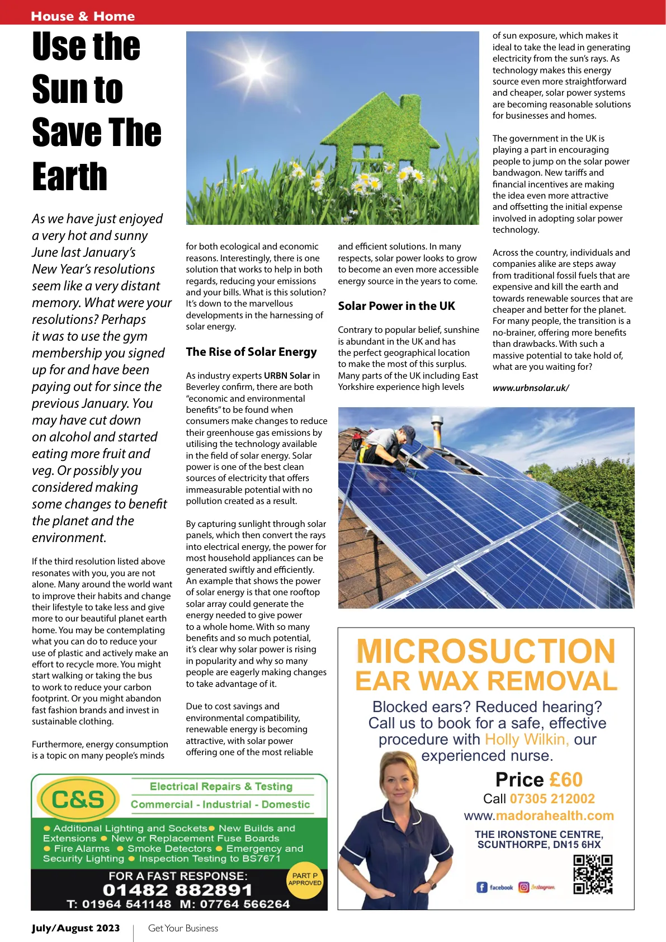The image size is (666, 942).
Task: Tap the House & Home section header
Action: pos(83,16)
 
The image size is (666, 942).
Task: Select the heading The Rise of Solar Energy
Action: pos(251,352)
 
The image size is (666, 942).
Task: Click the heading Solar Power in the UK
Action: pos(396,306)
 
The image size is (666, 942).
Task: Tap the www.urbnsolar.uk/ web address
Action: pos(530,388)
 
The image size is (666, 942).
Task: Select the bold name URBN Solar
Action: pos(287,375)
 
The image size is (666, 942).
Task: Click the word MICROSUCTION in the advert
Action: pos(485,651)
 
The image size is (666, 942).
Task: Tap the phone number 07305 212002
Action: pos(552,799)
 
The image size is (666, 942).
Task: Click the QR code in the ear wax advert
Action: pos(593,874)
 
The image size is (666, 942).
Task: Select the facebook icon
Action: pos(481,887)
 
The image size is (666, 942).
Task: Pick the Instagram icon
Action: pos(523,887)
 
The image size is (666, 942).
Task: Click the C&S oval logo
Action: pos(78,799)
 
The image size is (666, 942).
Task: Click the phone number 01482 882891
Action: pos(177,890)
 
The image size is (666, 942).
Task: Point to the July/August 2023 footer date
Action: pos(75,928)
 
